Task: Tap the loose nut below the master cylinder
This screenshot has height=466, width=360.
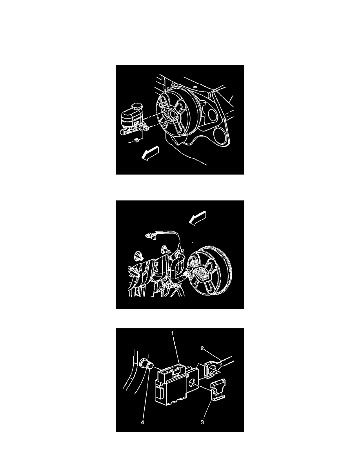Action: (x=136, y=140)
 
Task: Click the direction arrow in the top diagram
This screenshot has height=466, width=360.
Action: (x=150, y=154)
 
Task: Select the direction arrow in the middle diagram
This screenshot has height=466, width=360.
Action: (x=198, y=218)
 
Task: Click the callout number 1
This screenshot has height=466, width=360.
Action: (x=172, y=333)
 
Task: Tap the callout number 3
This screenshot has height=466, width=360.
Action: (x=202, y=422)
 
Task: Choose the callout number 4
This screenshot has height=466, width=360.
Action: (x=143, y=422)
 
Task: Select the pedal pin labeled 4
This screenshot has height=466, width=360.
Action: (x=146, y=363)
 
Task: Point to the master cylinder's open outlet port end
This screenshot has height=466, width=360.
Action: (x=122, y=131)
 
